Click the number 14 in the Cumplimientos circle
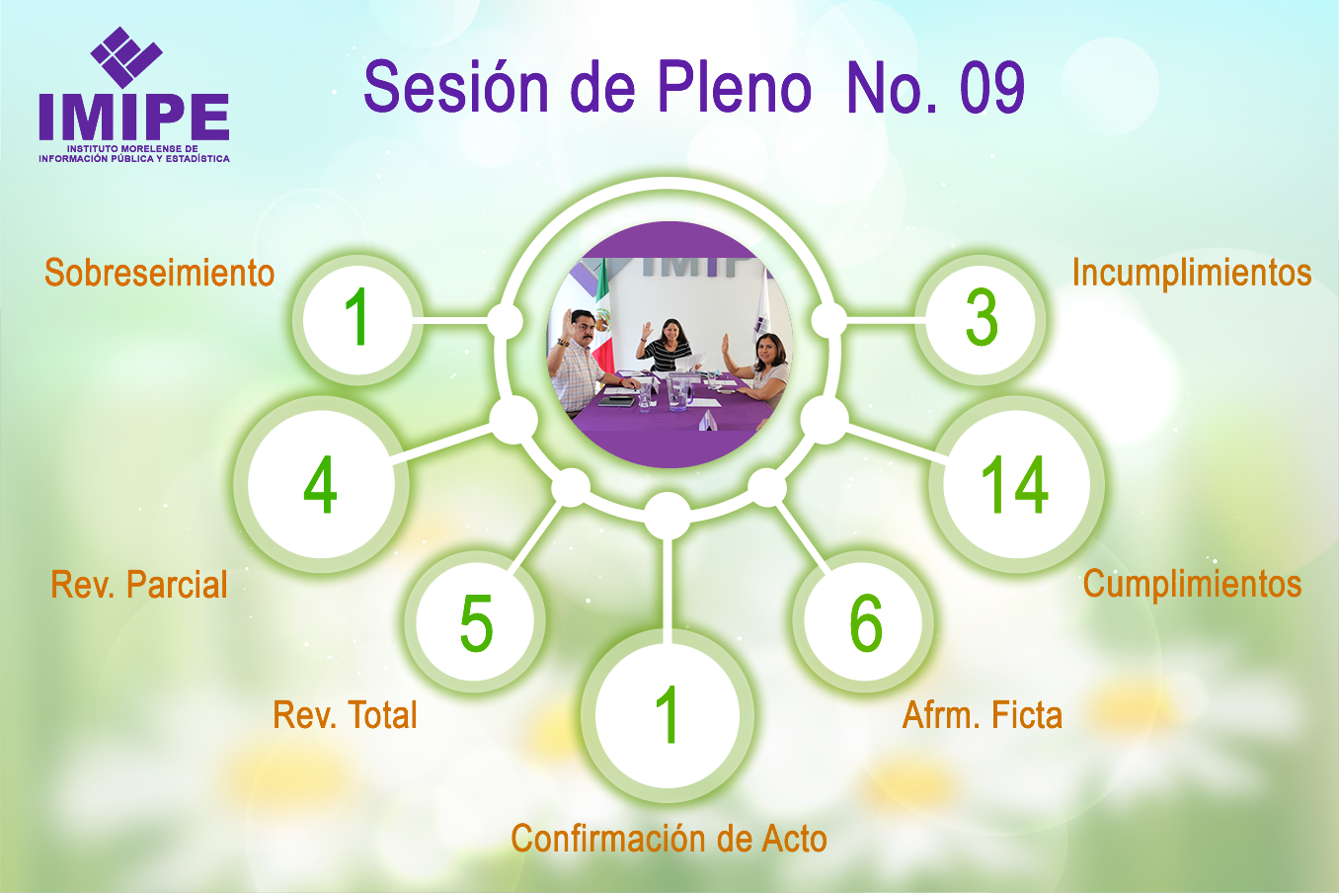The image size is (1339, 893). coord(1014,484)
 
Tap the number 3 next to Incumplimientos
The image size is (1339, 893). coord(982,317)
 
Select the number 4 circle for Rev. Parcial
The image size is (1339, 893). coord(321,484)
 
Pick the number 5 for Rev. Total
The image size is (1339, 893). coord(476,622)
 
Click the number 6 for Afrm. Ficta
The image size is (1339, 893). coord(866,622)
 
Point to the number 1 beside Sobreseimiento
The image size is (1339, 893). coord(357,316)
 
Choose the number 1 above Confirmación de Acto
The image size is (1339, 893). coord(667,714)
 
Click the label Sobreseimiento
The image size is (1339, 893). coord(160,273)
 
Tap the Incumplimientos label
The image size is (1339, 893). coord(1192,273)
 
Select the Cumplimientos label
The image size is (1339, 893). coord(1193,584)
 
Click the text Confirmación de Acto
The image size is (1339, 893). coord(669,838)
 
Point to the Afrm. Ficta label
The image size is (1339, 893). coord(983,715)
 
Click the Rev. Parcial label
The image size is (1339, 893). coord(139,585)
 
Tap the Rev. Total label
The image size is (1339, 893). coord(345,715)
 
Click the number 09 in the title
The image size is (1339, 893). coord(992,87)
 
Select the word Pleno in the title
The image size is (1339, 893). coord(735,86)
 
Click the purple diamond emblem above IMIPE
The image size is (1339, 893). coord(126,57)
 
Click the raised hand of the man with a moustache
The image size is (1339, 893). coord(567,321)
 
